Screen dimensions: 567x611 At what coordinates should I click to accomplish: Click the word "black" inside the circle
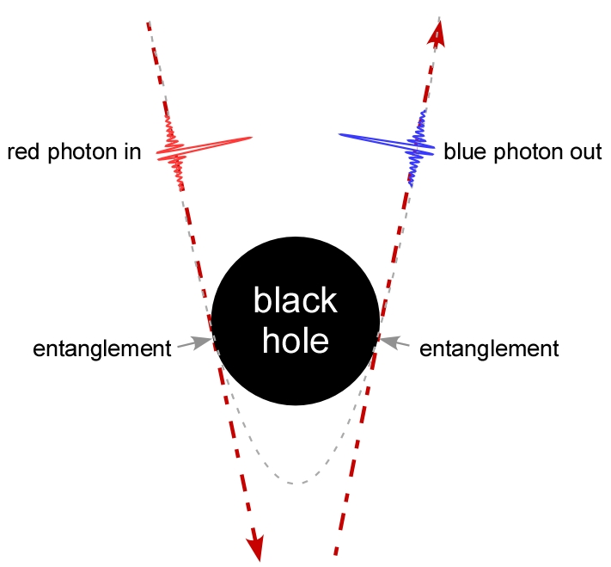click(295, 302)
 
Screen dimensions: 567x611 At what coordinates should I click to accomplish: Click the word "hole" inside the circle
click(295, 341)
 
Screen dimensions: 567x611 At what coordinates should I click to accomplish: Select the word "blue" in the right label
click(462, 153)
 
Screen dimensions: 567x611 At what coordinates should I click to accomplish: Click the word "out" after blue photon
click(585, 153)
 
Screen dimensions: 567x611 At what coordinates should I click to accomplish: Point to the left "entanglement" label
click(102, 348)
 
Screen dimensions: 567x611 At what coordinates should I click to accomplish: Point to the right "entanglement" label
click(489, 348)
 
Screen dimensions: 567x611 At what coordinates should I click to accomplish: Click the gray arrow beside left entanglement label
click(194, 343)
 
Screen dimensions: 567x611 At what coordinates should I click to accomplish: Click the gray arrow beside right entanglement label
click(394, 343)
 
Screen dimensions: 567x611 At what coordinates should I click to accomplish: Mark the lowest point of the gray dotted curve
click(295, 484)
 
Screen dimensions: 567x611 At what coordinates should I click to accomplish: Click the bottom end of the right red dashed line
click(335, 552)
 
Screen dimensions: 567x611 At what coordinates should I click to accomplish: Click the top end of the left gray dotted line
click(149, 21)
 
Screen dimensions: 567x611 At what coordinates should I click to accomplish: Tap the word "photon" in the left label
click(80, 153)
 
